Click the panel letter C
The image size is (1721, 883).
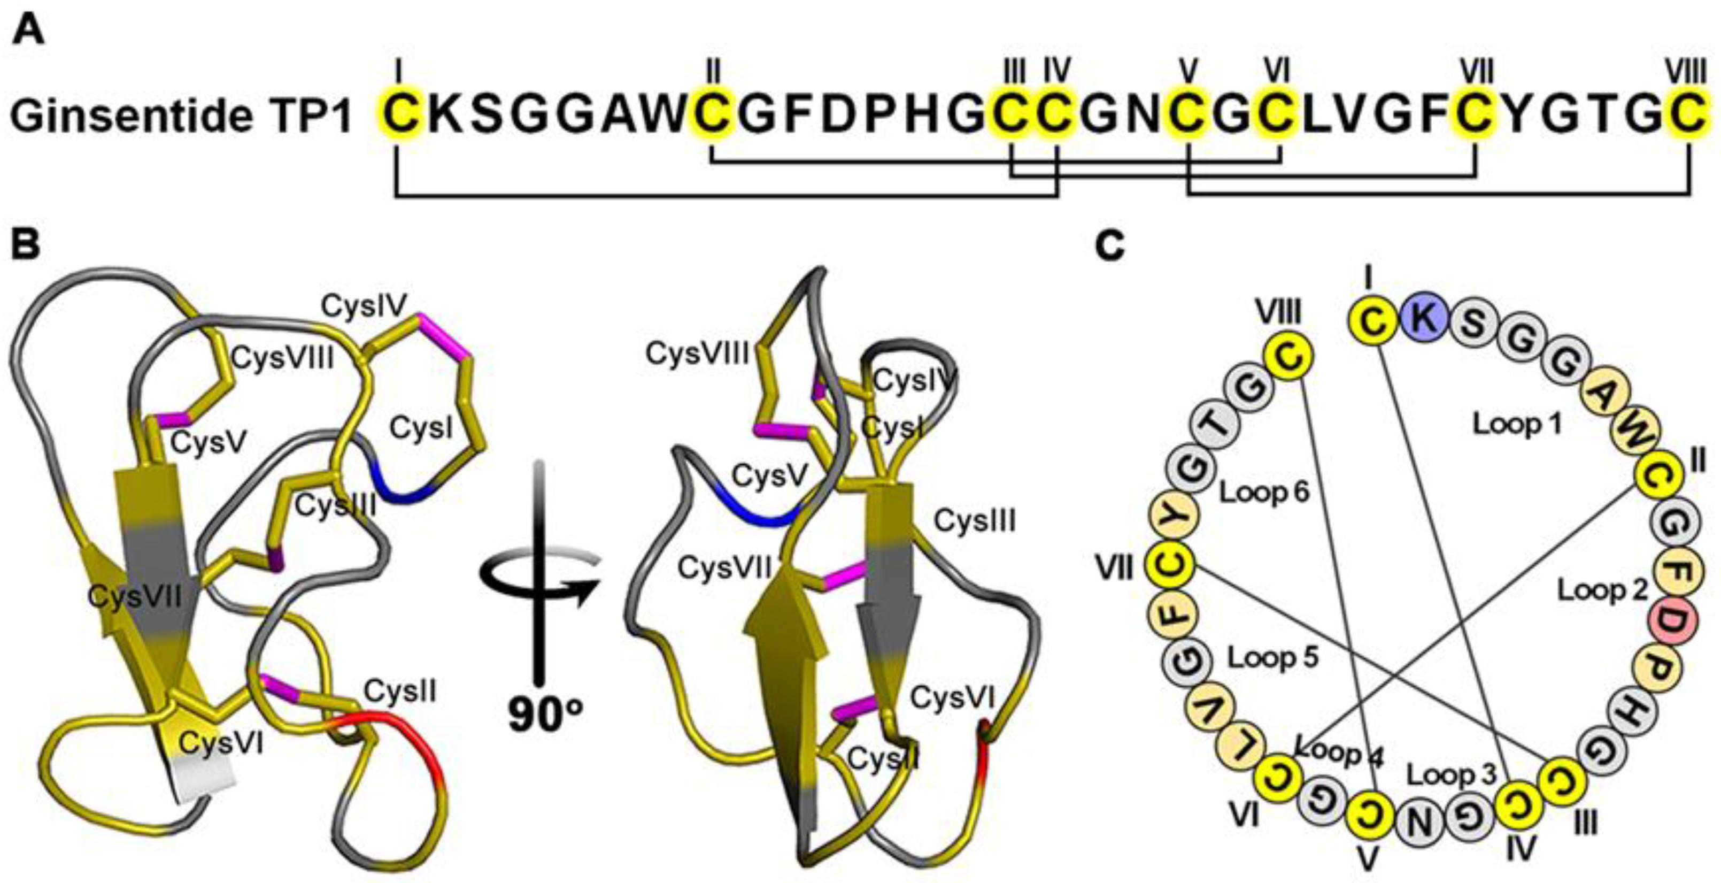pos(1110,247)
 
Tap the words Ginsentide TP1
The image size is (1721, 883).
pos(180,116)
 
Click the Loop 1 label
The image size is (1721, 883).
pos(1517,424)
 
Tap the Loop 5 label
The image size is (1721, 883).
pos(1274,657)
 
